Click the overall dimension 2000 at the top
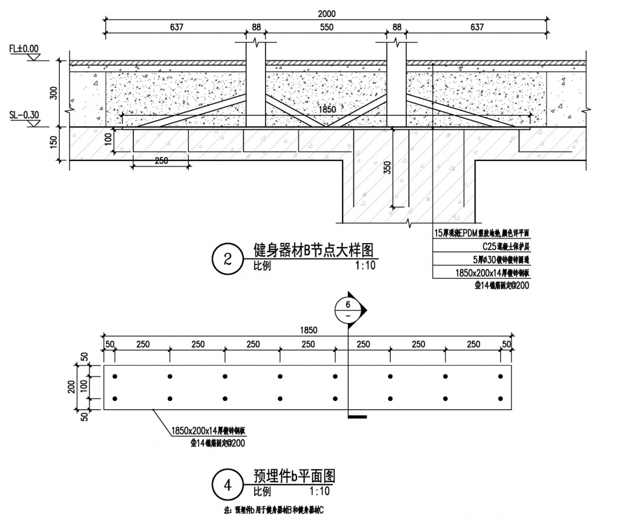tap(327, 14)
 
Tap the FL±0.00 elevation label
tap(24, 48)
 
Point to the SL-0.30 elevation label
tap(24, 115)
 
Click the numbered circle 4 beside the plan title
tap(227, 484)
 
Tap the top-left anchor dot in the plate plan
tap(115, 376)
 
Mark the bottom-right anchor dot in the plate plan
tap(500, 398)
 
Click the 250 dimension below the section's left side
tap(162, 160)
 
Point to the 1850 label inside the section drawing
tap(328, 111)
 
